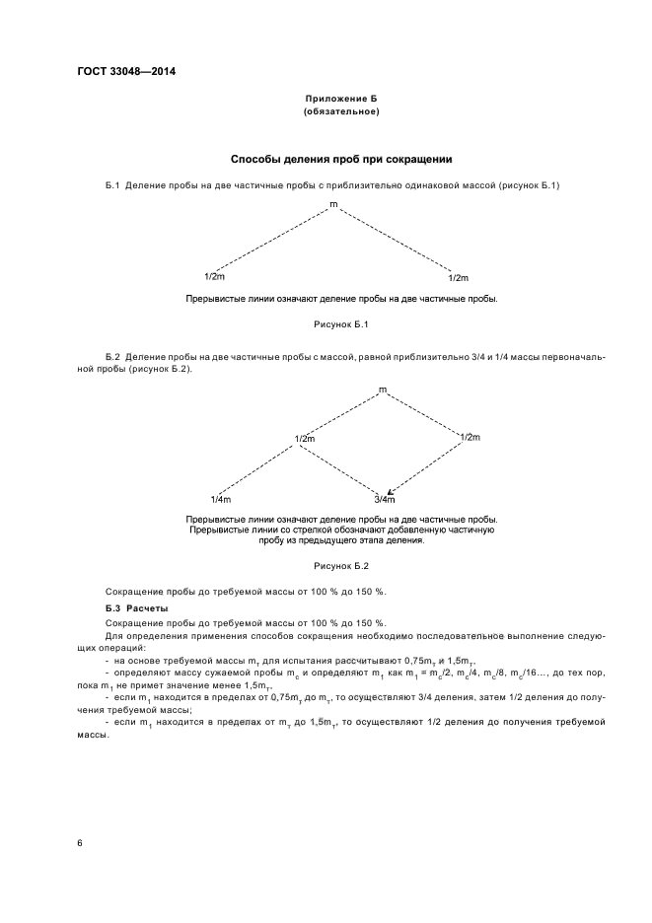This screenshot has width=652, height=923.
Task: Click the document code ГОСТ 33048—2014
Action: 119,71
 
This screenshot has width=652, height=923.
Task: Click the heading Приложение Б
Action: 341,101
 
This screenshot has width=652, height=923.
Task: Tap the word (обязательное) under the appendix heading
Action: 341,112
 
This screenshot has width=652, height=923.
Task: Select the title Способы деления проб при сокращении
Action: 341,159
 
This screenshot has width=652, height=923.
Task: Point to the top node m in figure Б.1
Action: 333,204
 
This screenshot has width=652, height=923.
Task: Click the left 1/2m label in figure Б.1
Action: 214,277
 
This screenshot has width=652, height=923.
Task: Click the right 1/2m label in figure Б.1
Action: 458,278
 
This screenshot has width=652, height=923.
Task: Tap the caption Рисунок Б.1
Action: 340,324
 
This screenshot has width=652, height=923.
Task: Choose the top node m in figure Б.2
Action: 383,391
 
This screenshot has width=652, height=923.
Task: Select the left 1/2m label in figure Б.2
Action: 305,438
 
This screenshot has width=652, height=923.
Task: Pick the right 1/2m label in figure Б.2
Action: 470,437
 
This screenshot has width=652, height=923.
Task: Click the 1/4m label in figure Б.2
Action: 221,500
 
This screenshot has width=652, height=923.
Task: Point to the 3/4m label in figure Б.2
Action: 384,500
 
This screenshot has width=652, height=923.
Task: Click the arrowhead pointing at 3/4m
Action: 392,491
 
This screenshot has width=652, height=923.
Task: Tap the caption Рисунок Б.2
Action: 340,567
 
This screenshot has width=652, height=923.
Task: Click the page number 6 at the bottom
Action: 81,843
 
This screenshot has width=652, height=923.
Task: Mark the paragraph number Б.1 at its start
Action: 111,185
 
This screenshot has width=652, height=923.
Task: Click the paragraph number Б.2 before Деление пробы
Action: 111,356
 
